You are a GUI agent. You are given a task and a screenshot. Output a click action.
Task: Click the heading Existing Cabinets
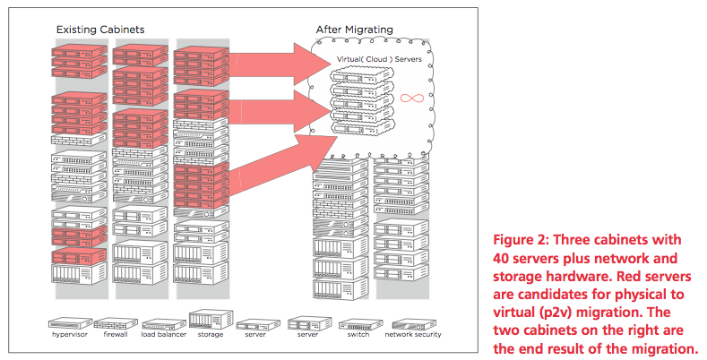(100, 30)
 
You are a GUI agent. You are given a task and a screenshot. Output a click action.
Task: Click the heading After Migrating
(355, 30)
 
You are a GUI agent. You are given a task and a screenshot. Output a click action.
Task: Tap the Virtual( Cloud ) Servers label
(379, 59)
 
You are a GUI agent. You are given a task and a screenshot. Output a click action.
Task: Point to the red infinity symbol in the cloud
(412, 98)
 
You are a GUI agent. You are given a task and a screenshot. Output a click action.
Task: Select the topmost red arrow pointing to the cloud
(280, 63)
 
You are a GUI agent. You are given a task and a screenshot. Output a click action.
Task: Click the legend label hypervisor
(69, 335)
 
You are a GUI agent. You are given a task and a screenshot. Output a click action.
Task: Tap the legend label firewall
(116, 334)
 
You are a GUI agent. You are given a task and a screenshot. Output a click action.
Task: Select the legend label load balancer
(164, 334)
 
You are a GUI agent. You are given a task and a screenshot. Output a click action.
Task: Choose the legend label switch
(358, 334)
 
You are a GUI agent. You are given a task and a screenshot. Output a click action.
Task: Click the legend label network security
(413, 335)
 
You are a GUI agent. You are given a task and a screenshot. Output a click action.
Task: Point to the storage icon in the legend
(211, 320)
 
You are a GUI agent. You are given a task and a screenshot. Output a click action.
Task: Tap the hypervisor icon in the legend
(70, 323)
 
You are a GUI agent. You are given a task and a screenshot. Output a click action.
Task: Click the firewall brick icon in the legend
(116, 323)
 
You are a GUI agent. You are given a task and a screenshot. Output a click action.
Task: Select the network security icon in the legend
(414, 323)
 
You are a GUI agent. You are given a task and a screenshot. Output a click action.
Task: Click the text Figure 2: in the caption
(521, 240)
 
